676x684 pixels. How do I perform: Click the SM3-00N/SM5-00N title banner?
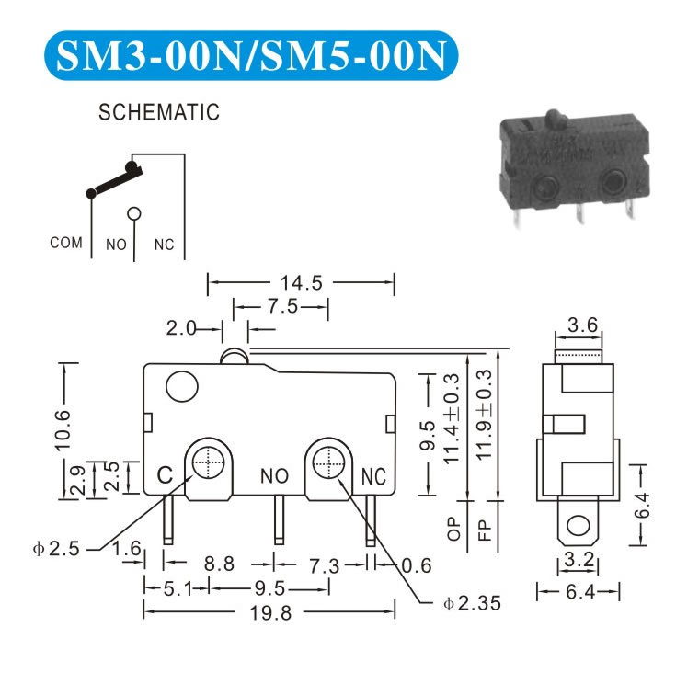251,55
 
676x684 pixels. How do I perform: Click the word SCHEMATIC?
159,112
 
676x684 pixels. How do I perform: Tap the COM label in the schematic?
66,243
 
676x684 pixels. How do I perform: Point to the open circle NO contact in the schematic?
134,213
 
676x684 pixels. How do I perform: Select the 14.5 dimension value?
301,282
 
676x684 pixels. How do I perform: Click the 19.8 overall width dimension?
270,613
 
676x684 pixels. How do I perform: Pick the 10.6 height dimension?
63,429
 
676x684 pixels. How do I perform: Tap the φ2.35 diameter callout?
472,603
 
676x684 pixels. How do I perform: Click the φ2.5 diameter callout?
56,549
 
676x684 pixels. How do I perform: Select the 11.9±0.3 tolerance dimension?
484,415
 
